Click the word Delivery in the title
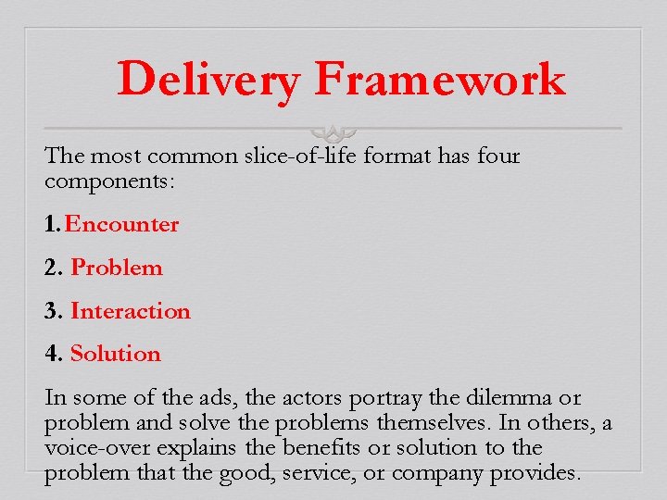[208, 80]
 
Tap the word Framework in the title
[439, 80]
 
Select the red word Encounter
[121, 224]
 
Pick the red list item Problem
[117, 268]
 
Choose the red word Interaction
[131, 311]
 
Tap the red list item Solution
[116, 354]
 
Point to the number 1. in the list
[53, 224]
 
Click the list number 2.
[54, 268]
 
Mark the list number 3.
[54, 311]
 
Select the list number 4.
[54, 354]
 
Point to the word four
[498, 156]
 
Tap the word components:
[108, 181]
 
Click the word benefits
[278, 448]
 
